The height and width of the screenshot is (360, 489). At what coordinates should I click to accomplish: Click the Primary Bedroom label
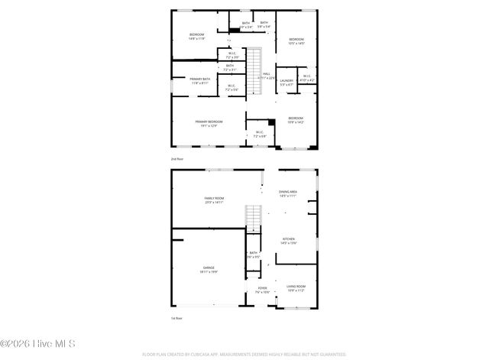click(x=209, y=123)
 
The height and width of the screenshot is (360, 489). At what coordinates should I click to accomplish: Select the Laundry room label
click(x=287, y=82)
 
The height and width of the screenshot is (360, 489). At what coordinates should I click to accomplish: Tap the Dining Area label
click(x=288, y=194)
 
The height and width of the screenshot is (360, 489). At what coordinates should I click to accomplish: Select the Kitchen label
click(x=289, y=241)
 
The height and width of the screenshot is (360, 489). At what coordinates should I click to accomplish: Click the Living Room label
click(x=295, y=288)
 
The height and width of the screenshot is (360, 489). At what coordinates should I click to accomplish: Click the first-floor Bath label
click(x=254, y=255)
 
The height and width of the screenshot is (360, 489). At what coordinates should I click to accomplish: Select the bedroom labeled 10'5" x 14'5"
click(x=296, y=41)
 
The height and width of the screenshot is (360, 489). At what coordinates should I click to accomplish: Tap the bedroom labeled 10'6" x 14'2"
click(x=296, y=120)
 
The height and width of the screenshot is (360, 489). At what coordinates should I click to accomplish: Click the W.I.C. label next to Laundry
click(x=306, y=77)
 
